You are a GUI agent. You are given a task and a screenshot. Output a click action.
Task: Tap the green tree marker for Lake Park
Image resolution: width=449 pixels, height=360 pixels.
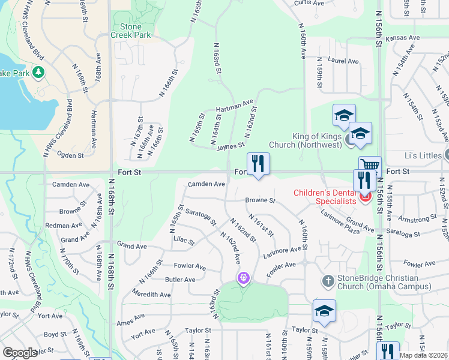(39, 73)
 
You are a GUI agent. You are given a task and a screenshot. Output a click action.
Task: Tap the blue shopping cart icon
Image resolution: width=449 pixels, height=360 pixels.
(370, 165)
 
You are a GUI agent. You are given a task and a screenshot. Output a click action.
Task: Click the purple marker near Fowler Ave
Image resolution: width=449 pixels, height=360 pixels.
(243, 278)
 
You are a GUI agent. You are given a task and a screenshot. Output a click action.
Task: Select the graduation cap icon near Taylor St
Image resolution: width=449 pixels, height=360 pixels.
(324, 311)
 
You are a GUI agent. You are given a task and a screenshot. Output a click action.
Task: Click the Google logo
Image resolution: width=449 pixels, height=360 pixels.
(20, 353)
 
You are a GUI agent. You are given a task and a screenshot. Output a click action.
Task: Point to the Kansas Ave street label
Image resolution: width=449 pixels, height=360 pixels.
(402, 38)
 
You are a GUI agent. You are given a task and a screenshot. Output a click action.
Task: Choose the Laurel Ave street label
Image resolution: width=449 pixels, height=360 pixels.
(343, 61)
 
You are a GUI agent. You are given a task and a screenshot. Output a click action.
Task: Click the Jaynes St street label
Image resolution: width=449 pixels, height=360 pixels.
(231, 146)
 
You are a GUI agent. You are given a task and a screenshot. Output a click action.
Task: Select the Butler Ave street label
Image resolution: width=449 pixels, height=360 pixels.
(180, 280)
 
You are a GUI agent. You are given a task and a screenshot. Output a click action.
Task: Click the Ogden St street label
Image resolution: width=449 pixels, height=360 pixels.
(70, 154)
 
